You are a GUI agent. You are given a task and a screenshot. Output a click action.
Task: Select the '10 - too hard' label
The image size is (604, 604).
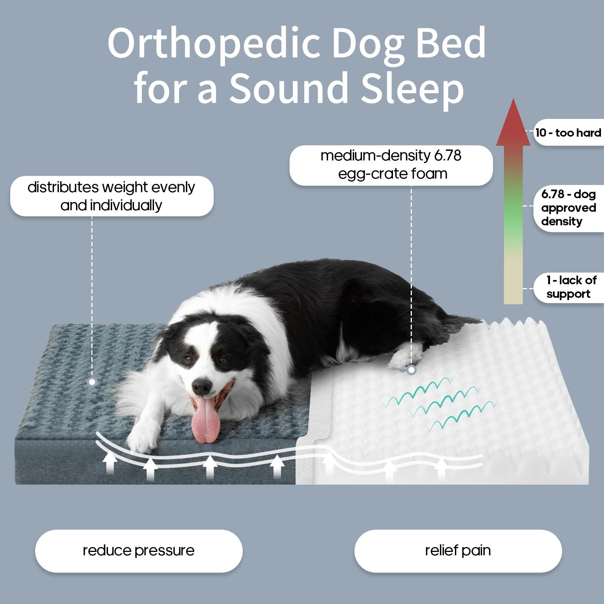coord(569,133)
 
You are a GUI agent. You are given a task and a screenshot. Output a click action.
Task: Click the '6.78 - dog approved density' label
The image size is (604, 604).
coord(569,208)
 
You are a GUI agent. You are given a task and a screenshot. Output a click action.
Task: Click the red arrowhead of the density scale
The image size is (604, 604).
coord(513,122)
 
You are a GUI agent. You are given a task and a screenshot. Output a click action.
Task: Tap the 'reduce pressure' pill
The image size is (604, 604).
coord(139,551)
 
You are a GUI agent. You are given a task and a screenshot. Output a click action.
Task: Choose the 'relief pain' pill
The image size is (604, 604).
coord(458,551)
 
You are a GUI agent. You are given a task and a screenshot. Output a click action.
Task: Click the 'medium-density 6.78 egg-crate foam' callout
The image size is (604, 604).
coord(391,165)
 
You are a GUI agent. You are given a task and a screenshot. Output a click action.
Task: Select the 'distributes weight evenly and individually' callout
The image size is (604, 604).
coord(112,196)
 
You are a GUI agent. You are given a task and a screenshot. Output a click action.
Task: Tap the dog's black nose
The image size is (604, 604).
coord(202,387)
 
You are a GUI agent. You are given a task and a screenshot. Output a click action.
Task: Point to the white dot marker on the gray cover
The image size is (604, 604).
coord(92,382)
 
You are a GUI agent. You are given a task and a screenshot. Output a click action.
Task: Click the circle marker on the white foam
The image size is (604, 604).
coord(411,370)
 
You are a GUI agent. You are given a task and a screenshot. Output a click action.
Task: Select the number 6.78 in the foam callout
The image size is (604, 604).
coord(448,156)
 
